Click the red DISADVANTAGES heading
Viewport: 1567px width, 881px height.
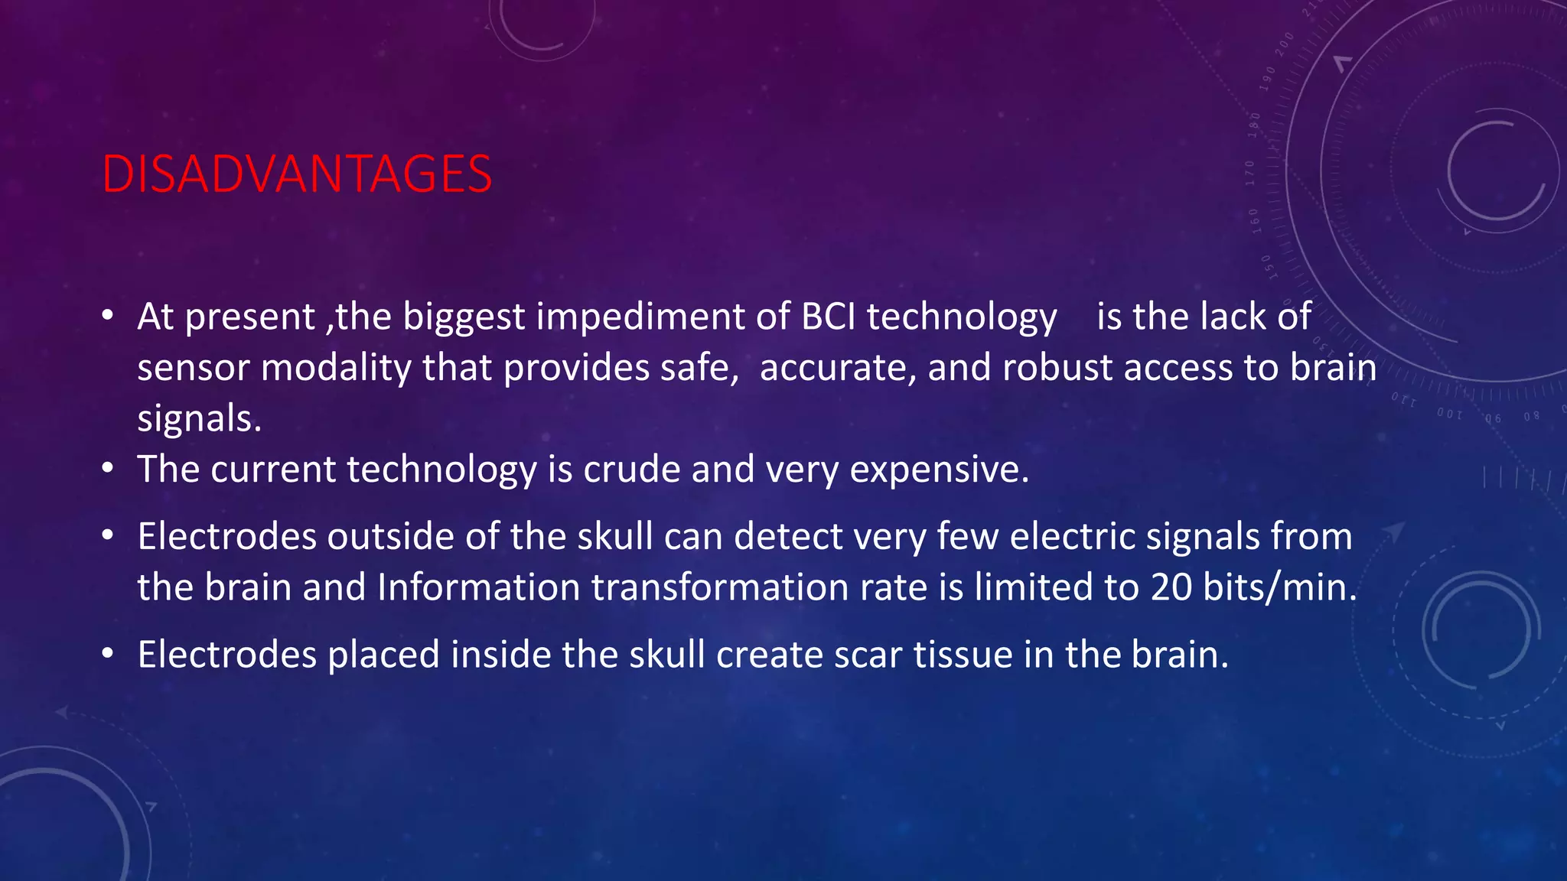click(x=297, y=174)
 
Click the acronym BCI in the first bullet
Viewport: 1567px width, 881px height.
click(x=828, y=317)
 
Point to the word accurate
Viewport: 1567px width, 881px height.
click(x=838, y=368)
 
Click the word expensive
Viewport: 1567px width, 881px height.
click(x=939, y=470)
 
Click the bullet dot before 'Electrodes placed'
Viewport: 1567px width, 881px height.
click(x=108, y=654)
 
